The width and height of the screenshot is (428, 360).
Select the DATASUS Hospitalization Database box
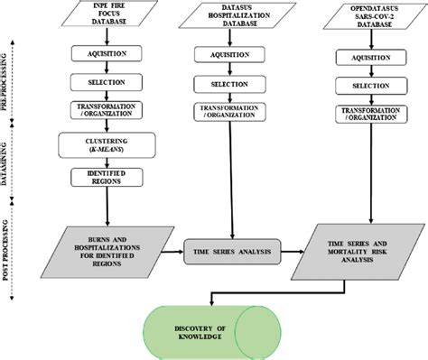coord(234,18)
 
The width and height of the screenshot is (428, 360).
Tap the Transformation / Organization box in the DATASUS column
coord(234,110)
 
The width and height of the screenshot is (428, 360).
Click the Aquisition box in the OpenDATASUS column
coord(369,58)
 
